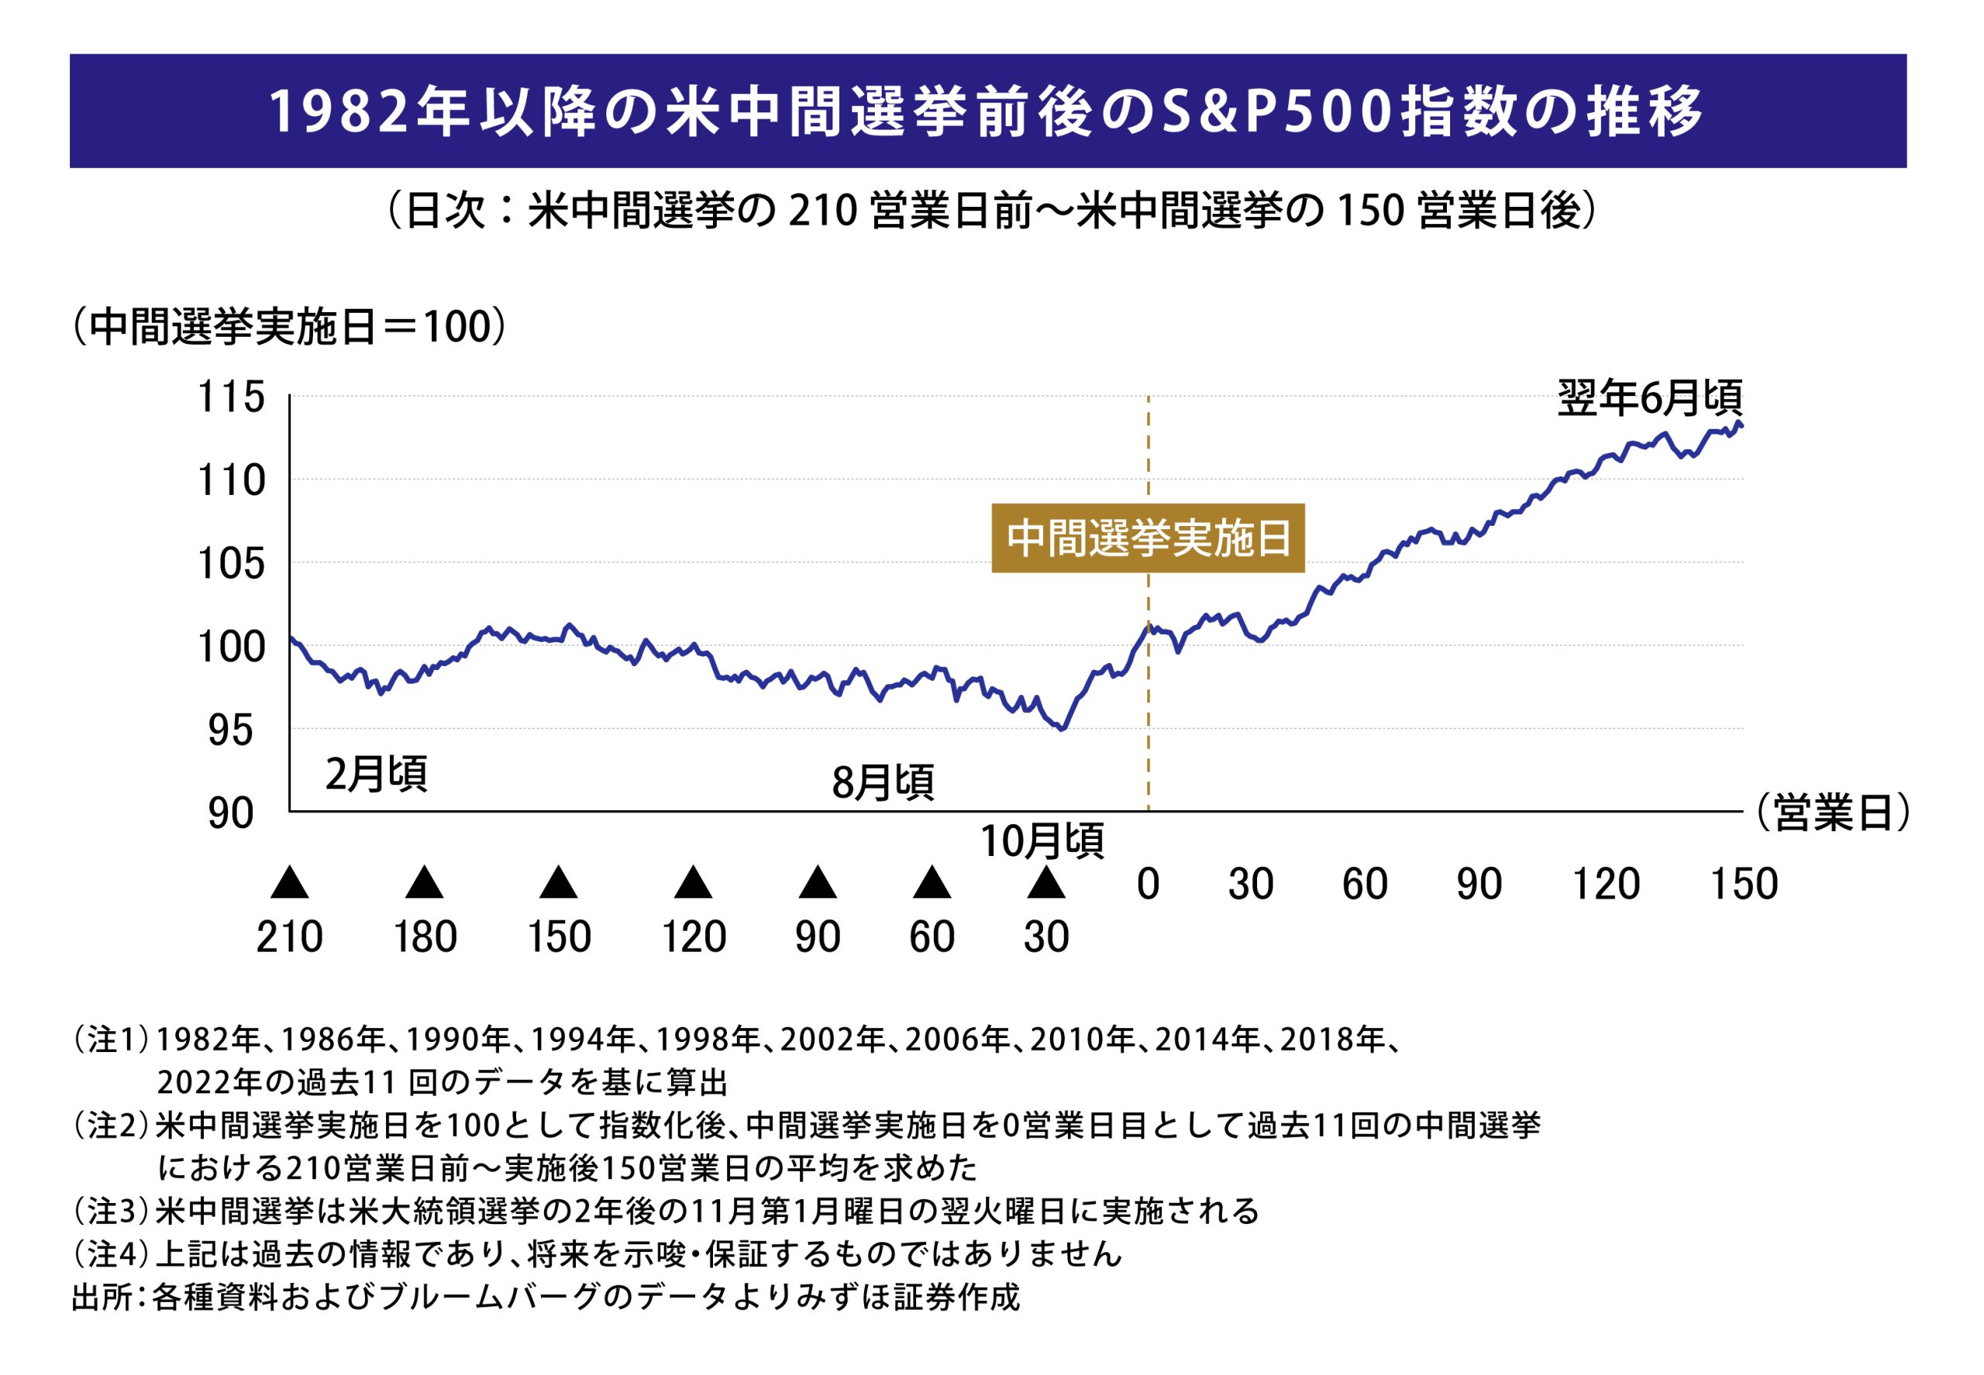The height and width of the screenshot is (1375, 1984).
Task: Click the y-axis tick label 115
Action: coord(231,398)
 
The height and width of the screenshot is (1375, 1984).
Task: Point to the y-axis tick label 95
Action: coord(231,730)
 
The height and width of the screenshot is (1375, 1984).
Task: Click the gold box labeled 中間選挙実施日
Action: coord(1147,538)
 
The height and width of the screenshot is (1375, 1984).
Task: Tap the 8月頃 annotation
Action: coord(883,782)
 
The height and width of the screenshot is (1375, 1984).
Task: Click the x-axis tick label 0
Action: coord(1147,885)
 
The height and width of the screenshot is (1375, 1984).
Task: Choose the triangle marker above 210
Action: coord(289,882)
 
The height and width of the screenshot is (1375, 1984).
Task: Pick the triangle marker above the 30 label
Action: coord(1045,882)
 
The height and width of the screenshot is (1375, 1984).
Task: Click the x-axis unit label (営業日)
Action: coord(1832,813)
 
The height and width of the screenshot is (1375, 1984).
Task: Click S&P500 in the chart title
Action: coord(1276,112)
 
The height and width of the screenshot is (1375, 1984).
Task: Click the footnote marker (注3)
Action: coord(110,1212)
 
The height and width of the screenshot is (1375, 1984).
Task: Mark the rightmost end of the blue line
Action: coord(1743,425)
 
